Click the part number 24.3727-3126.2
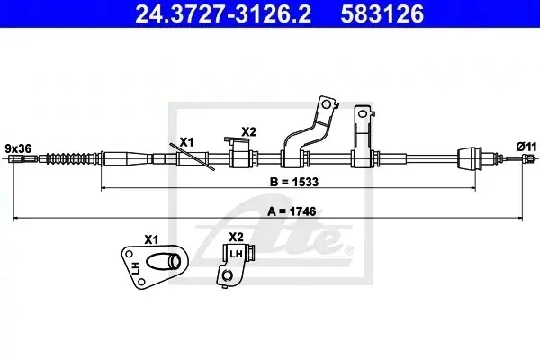(x=223, y=14)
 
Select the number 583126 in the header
(x=382, y=14)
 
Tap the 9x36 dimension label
(x=18, y=148)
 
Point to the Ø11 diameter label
(x=526, y=147)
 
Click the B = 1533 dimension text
(x=294, y=182)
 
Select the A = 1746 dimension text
(x=292, y=211)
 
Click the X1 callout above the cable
(x=187, y=142)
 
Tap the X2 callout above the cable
(x=248, y=131)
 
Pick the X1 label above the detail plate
(x=151, y=239)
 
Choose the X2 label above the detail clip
(x=236, y=237)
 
